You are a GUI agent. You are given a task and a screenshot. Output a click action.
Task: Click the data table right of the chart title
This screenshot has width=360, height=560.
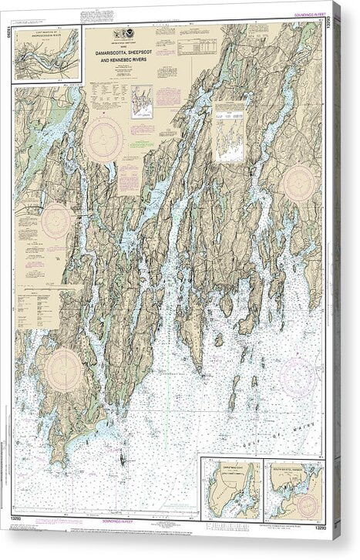click(x=197, y=47)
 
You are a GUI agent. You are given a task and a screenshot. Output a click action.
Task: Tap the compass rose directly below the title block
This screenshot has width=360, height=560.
click(x=103, y=139)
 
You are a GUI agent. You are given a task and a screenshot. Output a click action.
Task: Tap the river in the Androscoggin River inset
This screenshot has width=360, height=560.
click(x=46, y=57)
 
